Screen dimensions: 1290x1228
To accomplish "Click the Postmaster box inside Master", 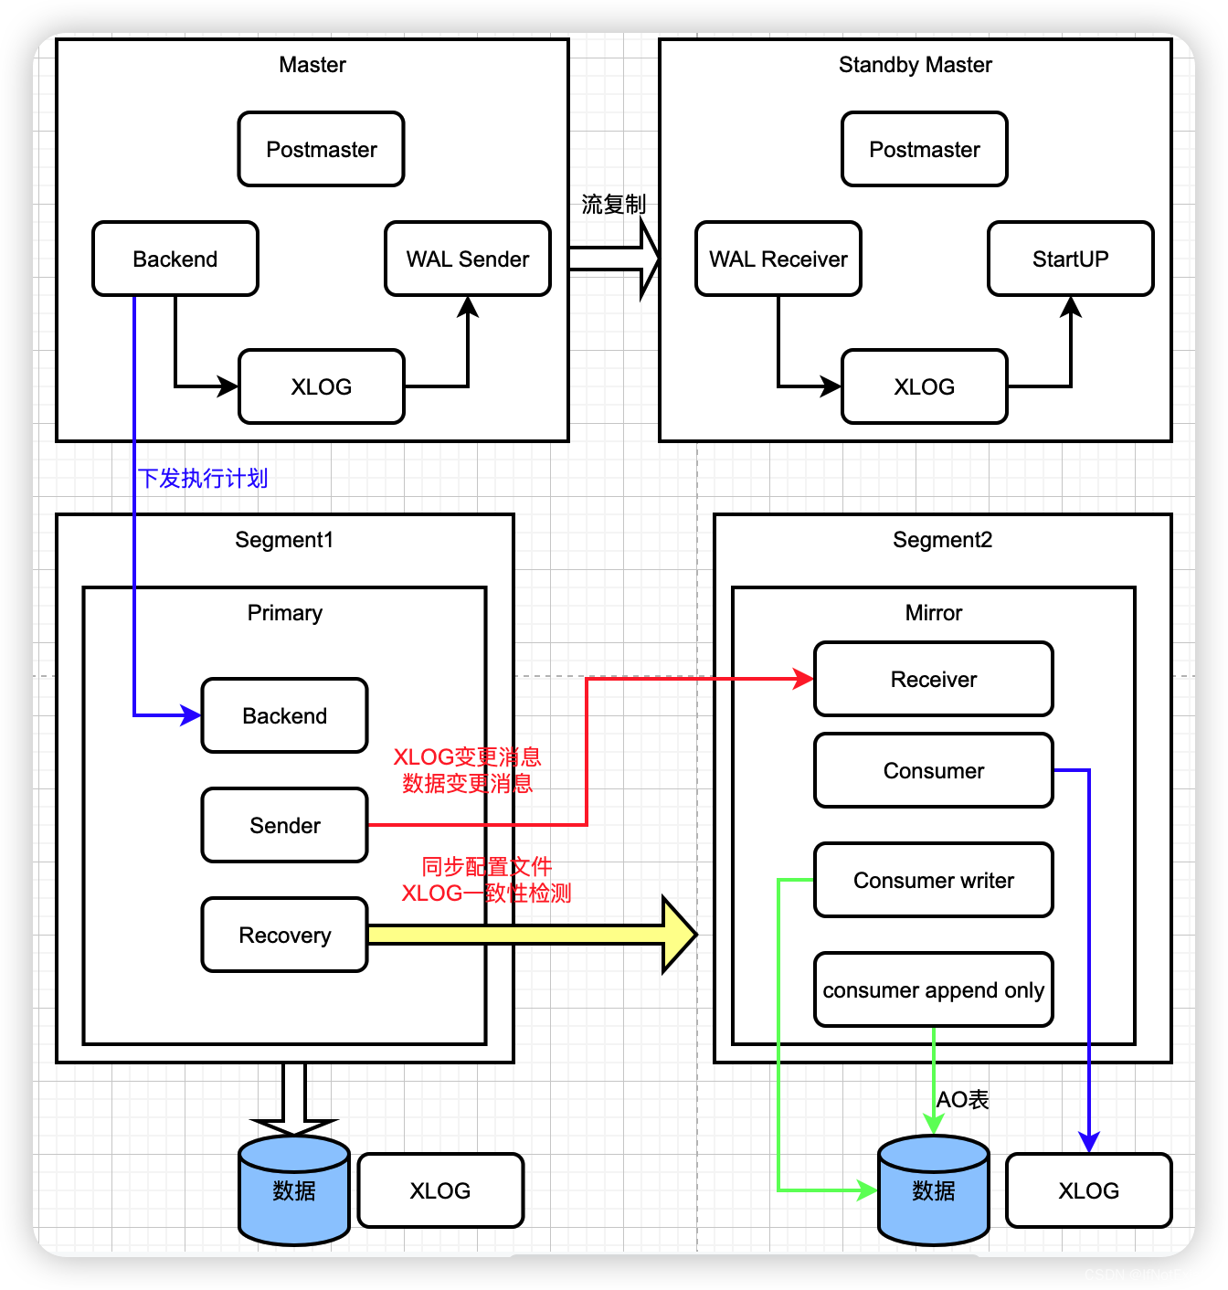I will point(321,149).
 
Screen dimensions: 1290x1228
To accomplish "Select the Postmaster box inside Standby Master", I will point(924,149).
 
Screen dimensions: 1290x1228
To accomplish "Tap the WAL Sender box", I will point(467,259).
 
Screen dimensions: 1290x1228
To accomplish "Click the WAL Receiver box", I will point(778,259).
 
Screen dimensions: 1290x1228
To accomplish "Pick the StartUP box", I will point(1070,259).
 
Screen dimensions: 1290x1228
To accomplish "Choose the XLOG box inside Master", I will point(321,386).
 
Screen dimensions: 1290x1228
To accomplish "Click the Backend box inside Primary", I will point(284,715).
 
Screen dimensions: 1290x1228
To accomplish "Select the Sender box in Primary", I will point(284,825).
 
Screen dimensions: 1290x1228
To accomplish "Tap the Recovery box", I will point(284,935).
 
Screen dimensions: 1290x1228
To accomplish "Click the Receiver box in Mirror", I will point(933,679).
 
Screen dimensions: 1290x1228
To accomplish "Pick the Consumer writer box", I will point(933,880).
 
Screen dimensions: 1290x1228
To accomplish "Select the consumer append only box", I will point(933,989).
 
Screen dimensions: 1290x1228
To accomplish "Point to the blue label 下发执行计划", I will point(203,478).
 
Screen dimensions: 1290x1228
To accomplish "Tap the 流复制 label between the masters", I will point(613,204).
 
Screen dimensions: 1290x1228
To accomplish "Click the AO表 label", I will point(962,1099).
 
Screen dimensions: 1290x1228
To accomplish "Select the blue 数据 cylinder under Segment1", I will point(293,1190).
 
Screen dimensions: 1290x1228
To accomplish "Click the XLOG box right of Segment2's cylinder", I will point(1088,1190).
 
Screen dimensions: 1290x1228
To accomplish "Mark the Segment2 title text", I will point(942,540).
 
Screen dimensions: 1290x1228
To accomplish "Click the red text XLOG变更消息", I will point(467,756).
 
